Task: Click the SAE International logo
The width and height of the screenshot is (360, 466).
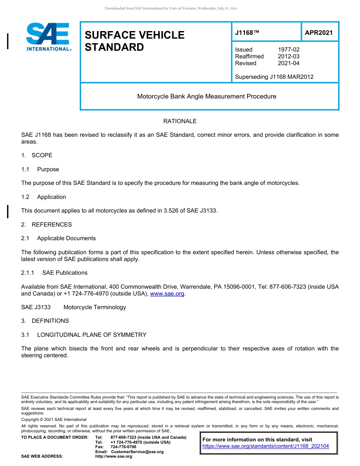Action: coord(48,37)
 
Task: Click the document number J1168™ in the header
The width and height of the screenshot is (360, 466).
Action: coord(247,33)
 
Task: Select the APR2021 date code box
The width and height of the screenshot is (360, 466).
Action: coord(319,33)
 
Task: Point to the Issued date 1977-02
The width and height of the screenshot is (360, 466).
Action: coord(288,50)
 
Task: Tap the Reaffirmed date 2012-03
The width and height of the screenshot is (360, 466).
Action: coord(288,56)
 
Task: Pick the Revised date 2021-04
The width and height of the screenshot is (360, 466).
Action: coord(288,63)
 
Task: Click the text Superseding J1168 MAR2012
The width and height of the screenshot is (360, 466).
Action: coord(274,77)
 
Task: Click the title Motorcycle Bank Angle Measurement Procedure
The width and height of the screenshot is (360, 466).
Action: coord(207,96)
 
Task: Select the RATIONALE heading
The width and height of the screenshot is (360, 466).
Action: coord(180,121)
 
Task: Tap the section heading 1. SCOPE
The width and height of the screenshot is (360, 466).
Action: coord(37,155)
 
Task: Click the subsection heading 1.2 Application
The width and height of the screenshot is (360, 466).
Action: coord(44,197)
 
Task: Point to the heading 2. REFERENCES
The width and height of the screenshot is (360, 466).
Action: coord(46,225)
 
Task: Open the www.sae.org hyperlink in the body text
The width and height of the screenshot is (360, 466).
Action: coord(167,294)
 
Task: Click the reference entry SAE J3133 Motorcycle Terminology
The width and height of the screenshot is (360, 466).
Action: coord(74,307)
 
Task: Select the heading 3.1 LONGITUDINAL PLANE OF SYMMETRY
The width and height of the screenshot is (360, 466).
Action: coord(84,335)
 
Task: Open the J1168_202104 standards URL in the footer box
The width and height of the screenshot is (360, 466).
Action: coord(266,446)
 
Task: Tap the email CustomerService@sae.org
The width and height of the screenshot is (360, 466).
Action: coord(137,452)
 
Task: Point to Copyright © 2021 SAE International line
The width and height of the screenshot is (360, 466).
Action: coord(54,420)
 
